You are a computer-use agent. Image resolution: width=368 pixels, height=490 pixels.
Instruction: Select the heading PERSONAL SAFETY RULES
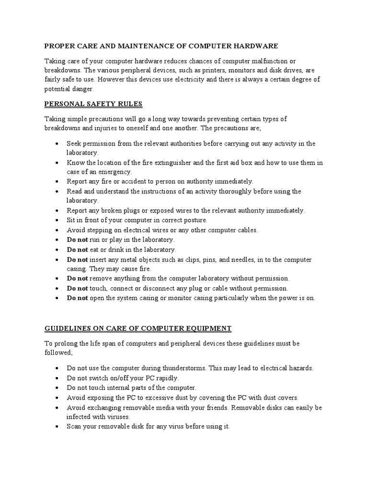click(x=93, y=104)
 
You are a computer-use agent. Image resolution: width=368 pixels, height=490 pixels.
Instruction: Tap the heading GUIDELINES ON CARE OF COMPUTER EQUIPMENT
click(x=138, y=328)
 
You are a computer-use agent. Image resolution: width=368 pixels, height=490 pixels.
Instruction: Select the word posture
click(x=195, y=220)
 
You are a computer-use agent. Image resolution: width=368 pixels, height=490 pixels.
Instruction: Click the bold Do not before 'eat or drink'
click(x=77, y=250)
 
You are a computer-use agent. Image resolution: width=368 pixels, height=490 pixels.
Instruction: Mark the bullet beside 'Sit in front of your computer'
click(x=57, y=221)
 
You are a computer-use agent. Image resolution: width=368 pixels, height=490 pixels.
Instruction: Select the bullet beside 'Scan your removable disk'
click(x=57, y=426)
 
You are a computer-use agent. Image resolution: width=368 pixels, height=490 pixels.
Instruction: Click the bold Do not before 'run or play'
click(x=77, y=240)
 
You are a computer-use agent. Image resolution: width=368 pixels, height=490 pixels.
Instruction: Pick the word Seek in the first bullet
click(x=74, y=144)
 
